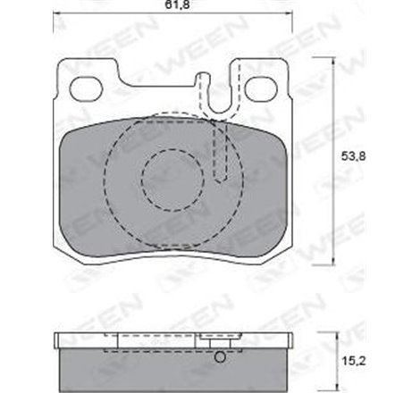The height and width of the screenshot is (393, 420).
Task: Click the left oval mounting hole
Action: pyautogui.click(x=87, y=88)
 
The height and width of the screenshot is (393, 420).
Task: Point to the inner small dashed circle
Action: pyautogui.click(x=172, y=178)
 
